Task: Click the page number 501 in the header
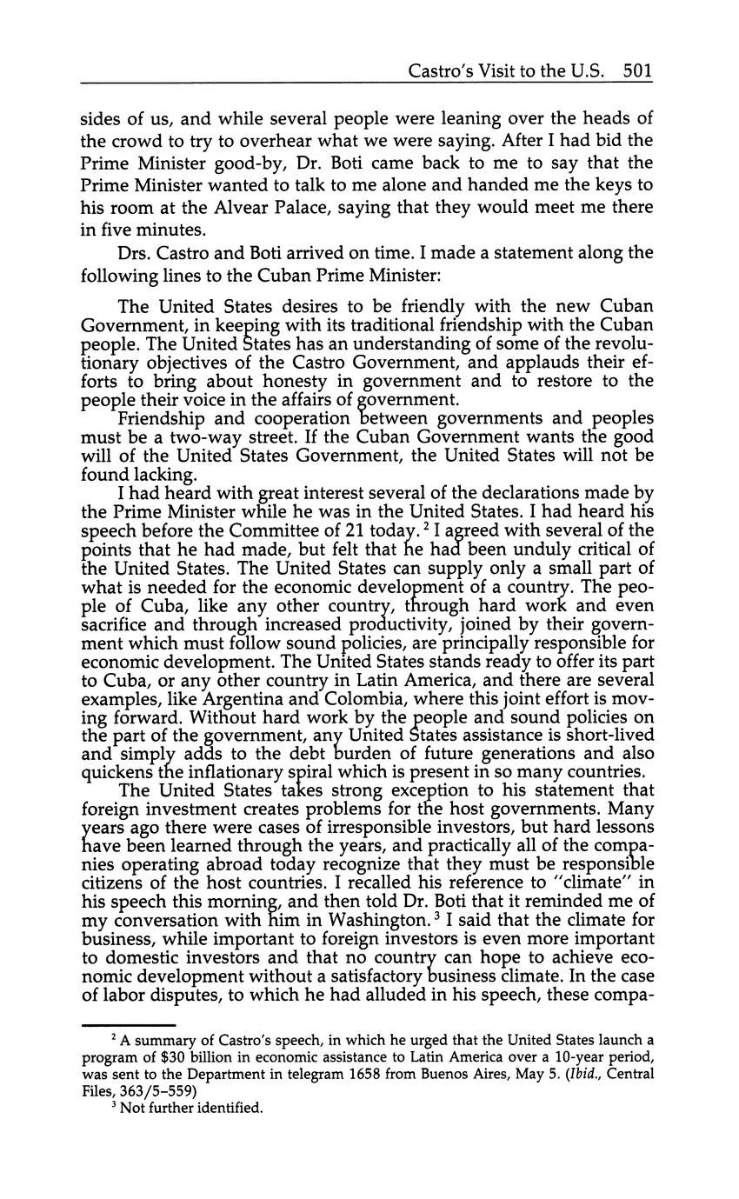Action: pyautogui.click(x=637, y=70)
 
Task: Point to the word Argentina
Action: pyautogui.click(x=249, y=701)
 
